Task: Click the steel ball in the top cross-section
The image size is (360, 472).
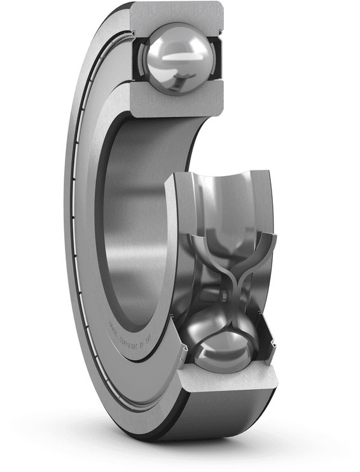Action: click(176, 58)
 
